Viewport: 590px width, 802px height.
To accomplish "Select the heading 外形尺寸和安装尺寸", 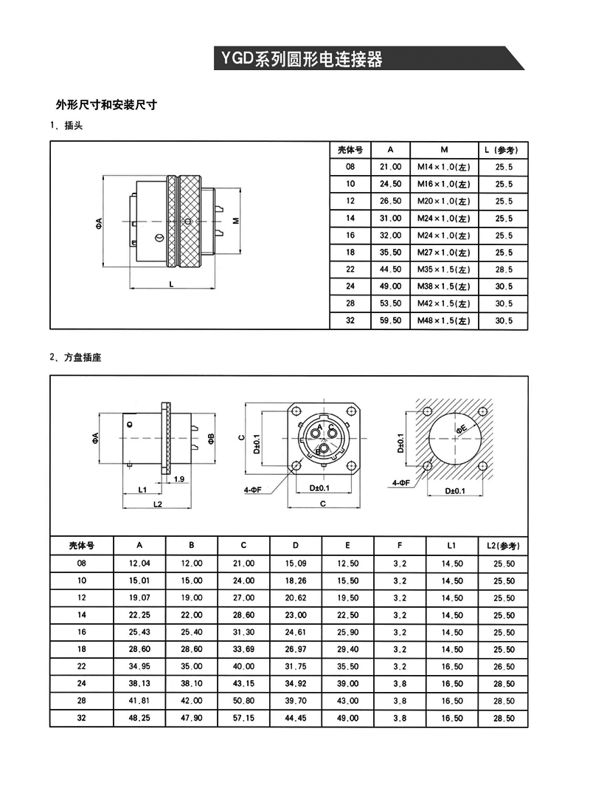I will [106, 105].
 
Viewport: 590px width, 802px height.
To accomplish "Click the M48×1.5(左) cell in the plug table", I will [443, 321].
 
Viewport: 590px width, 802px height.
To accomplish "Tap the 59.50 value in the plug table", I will [391, 321].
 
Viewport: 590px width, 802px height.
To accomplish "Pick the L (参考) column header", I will [504, 149].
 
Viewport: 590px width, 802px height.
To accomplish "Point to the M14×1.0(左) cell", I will [443, 167].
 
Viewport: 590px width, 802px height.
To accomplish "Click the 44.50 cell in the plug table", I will [391, 270].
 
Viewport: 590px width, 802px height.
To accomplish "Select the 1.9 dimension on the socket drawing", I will [178, 479].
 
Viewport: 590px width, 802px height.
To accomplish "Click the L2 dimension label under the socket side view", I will [156, 504].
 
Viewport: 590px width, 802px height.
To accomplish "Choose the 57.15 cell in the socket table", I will [243, 718].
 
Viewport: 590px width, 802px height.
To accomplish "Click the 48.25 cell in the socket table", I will [139, 718].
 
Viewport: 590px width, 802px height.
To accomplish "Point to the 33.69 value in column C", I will [243, 650].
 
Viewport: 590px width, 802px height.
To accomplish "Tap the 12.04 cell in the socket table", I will [139, 564].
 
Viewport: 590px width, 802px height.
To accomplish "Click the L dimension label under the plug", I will [172, 283].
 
